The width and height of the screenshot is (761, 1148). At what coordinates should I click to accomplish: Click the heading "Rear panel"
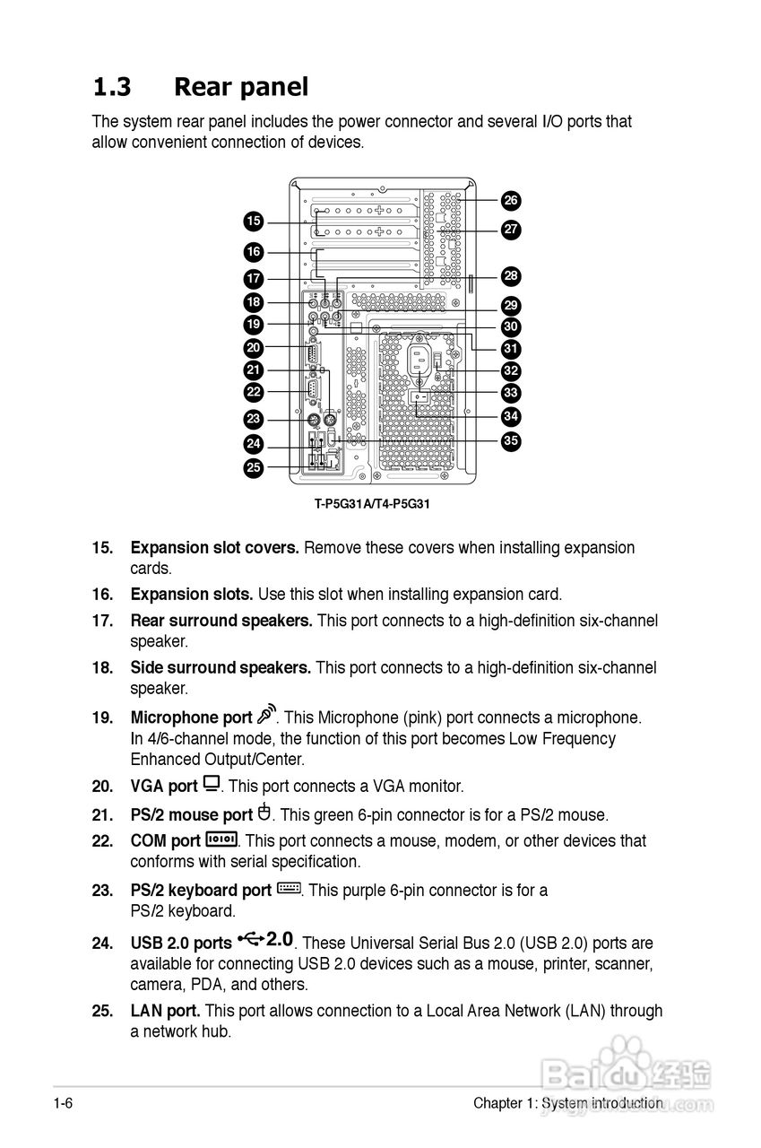[240, 87]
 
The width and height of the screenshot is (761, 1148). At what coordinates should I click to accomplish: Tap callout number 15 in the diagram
[254, 222]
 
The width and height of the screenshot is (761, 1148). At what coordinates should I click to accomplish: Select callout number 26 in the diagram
[510, 200]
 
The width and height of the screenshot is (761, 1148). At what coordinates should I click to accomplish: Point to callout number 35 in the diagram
[510, 440]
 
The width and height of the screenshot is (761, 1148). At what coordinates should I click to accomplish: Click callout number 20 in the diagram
[254, 347]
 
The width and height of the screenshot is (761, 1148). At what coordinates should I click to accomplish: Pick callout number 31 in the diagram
[510, 348]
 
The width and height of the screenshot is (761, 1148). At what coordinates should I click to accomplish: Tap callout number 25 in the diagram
[254, 466]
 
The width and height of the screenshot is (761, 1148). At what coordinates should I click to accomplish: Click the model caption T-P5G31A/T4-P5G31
[372, 504]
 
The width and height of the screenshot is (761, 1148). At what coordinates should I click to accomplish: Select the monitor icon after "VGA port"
[212, 784]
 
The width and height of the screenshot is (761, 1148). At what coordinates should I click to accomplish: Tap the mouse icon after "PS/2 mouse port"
[264, 813]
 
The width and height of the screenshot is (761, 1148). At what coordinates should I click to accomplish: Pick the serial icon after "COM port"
[221, 839]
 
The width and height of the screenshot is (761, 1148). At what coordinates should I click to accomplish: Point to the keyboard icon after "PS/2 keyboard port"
[289, 889]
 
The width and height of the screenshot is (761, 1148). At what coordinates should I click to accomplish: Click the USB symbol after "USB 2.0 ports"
[252, 940]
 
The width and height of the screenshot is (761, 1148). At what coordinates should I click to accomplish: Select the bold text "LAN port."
[166, 1011]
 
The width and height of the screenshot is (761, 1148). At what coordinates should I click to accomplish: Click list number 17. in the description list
[102, 621]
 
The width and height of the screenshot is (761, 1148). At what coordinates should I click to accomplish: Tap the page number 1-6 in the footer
[62, 1103]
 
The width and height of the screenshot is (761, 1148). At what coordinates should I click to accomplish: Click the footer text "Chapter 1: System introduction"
[568, 1103]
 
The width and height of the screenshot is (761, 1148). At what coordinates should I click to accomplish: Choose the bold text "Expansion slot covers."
[215, 548]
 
